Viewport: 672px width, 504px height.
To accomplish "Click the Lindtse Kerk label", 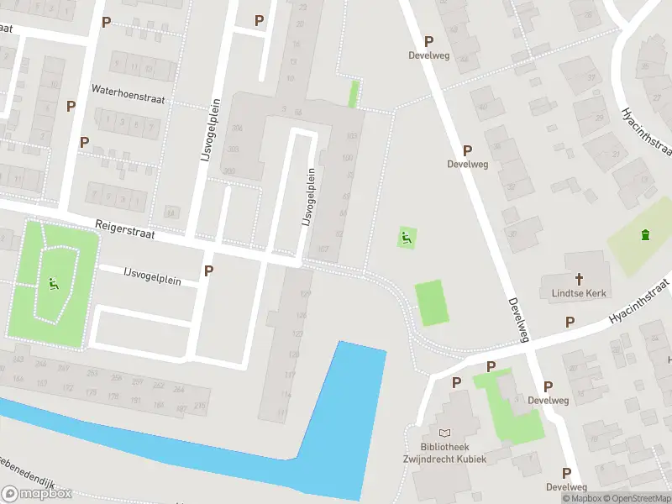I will pyautogui.click(x=578, y=292).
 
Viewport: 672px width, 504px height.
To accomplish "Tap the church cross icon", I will pyautogui.click(x=578, y=278).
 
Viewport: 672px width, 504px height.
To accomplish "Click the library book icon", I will pyautogui.click(x=444, y=432).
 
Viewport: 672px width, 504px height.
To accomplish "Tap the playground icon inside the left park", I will pyautogui.click(x=53, y=283).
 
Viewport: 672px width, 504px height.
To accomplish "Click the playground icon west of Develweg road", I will pyautogui.click(x=407, y=239).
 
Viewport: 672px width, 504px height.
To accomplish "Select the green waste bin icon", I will pyautogui.click(x=644, y=235).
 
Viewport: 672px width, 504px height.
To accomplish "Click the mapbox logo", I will pyautogui.click(x=37, y=493).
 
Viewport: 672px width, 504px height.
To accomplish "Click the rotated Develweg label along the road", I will pyautogui.click(x=517, y=320).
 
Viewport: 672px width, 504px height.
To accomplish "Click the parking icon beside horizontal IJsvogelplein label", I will pyautogui.click(x=208, y=270).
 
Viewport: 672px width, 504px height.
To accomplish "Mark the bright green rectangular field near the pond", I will pyautogui.click(x=432, y=303).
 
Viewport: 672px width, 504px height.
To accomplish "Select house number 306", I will pyautogui.click(x=238, y=128).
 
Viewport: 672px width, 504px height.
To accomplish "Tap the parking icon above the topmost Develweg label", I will pyautogui.click(x=429, y=40).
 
